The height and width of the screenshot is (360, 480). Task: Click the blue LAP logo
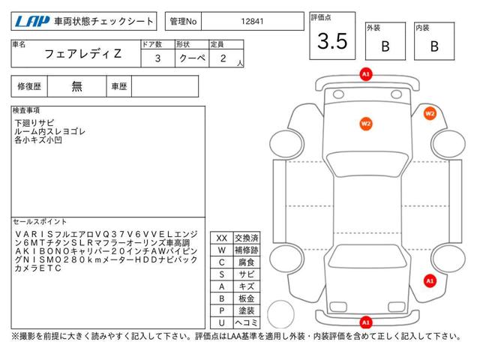point(32,21)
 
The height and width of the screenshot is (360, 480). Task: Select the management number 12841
point(252,22)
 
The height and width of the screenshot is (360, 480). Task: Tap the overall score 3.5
point(332,40)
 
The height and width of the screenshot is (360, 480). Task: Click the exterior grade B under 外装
point(385,46)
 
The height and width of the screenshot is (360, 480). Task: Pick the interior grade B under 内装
point(434,46)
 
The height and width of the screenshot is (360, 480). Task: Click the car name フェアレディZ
point(83,54)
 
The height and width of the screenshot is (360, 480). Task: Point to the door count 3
point(157,58)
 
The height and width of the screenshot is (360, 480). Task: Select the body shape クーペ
point(192,58)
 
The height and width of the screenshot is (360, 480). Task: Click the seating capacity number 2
point(223,58)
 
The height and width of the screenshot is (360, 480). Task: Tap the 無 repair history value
point(76,87)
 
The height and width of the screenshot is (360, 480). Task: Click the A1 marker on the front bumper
point(366,74)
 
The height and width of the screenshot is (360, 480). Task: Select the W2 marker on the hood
point(366,124)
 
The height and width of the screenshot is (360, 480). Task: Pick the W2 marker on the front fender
point(430,113)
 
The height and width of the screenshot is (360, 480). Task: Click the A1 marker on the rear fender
point(430,280)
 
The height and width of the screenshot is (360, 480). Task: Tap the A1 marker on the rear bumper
point(366,322)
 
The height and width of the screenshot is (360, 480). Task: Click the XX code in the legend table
point(222,238)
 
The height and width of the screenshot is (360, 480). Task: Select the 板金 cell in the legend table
point(247,298)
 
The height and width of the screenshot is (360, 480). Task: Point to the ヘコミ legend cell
point(247,322)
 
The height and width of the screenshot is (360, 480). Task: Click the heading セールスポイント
point(40,222)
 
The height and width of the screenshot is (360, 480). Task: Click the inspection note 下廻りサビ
point(34,123)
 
